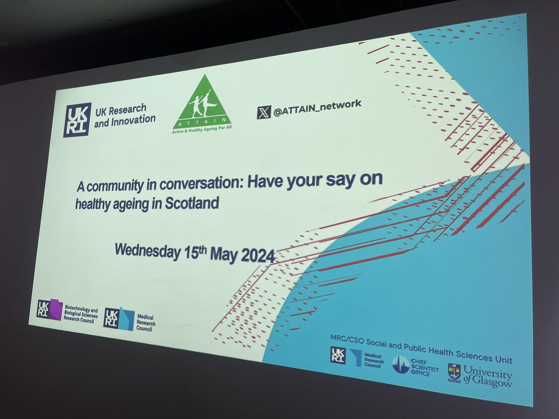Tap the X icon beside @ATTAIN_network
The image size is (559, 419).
[263, 112]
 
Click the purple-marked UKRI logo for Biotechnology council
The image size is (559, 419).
[49, 310]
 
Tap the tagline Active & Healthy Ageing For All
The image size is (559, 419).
[202, 131]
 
